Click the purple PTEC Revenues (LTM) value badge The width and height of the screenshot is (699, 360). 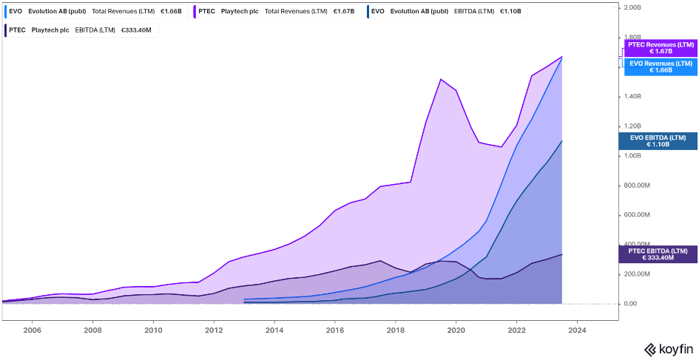click(x=661, y=48)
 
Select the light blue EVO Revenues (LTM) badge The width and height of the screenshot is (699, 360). click(x=661, y=67)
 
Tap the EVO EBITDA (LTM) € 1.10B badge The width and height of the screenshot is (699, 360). click(x=658, y=140)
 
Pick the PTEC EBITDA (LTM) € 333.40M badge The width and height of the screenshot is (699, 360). click(x=658, y=254)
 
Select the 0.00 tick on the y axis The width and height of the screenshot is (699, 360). click(x=631, y=304)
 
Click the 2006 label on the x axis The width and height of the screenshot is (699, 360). click(x=32, y=331)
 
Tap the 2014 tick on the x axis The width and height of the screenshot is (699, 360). click(x=274, y=331)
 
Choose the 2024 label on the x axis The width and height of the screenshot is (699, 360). click(x=578, y=331)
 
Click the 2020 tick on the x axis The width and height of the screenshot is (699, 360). click(x=456, y=331)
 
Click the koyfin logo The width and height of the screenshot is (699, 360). click(x=668, y=349)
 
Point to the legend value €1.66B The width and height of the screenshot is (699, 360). click(x=171, y=12)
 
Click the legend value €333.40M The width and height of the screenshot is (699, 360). click(x=135, y=30)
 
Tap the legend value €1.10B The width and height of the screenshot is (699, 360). click(x=510, y=12)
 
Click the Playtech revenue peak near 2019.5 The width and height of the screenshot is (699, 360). click(x=441, y=78)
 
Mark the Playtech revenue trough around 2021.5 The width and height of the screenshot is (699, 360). click(x=502, y=147)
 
